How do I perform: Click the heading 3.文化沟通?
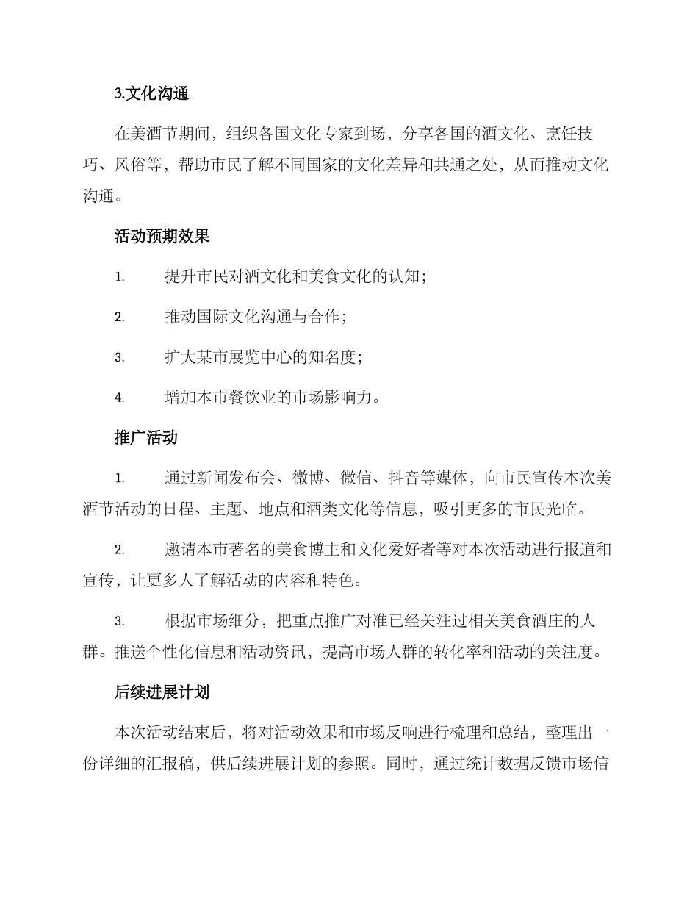pos(152,93)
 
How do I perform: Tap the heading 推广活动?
pos(146,438)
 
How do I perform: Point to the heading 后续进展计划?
pos(162,692)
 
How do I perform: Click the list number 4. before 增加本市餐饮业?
pos(119,398)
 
